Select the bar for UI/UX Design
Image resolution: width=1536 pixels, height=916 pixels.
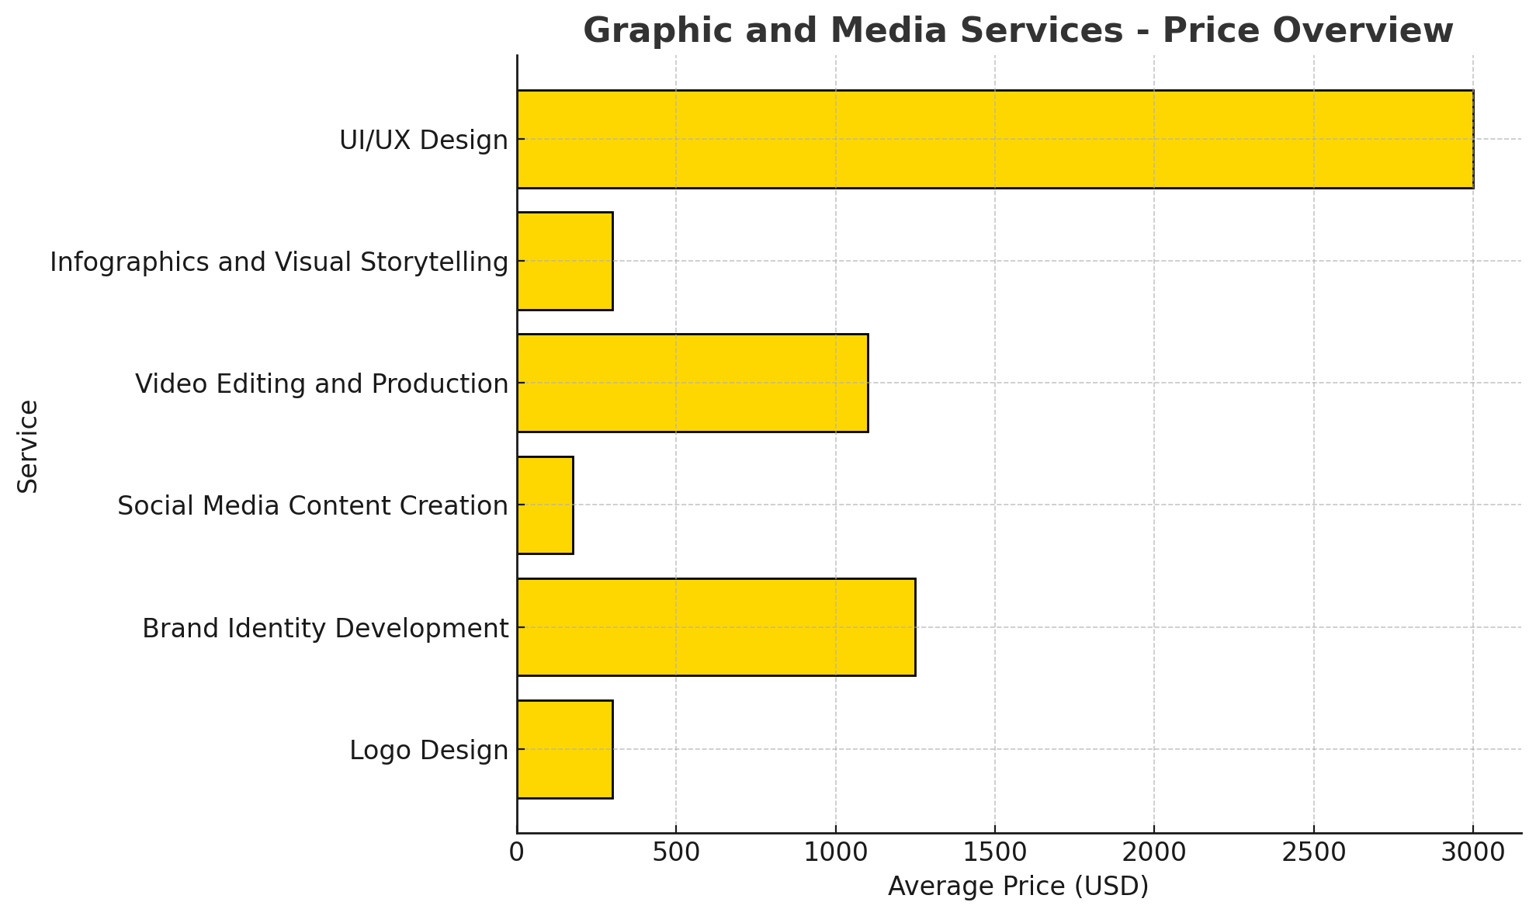[995, 140]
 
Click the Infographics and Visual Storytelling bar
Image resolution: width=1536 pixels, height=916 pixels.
[565, 262]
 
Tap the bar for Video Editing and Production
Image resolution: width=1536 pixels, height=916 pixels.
[692, 383]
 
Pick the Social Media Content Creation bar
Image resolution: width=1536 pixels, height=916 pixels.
[545, 505]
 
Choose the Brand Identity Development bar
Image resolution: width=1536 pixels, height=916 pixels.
[716, 627]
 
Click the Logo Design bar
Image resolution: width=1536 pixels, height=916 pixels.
[565, 749]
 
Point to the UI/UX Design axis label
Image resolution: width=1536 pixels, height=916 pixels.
[424, 141]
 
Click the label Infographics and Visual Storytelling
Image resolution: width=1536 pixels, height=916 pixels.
[279, 262]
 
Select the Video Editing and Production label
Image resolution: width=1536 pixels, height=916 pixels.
[322, 384]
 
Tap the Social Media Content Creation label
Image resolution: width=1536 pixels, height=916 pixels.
[313, 506]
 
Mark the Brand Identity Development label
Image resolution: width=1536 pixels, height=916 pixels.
[325, 628]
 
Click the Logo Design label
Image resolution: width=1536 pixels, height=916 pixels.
[429, 751]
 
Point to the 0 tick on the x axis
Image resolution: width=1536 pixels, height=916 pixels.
[517, 852]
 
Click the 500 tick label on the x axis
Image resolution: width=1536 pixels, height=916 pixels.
[676, 852]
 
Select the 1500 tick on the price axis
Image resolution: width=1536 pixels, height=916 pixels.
[995, 852]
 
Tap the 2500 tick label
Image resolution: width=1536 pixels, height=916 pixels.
[1313, 852]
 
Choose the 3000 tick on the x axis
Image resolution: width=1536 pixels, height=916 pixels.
[1472, 852]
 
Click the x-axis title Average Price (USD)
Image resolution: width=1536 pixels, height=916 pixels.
[1018, 887]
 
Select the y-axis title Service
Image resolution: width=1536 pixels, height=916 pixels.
[29, 446]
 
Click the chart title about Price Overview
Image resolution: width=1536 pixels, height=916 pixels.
[1018, 31]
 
